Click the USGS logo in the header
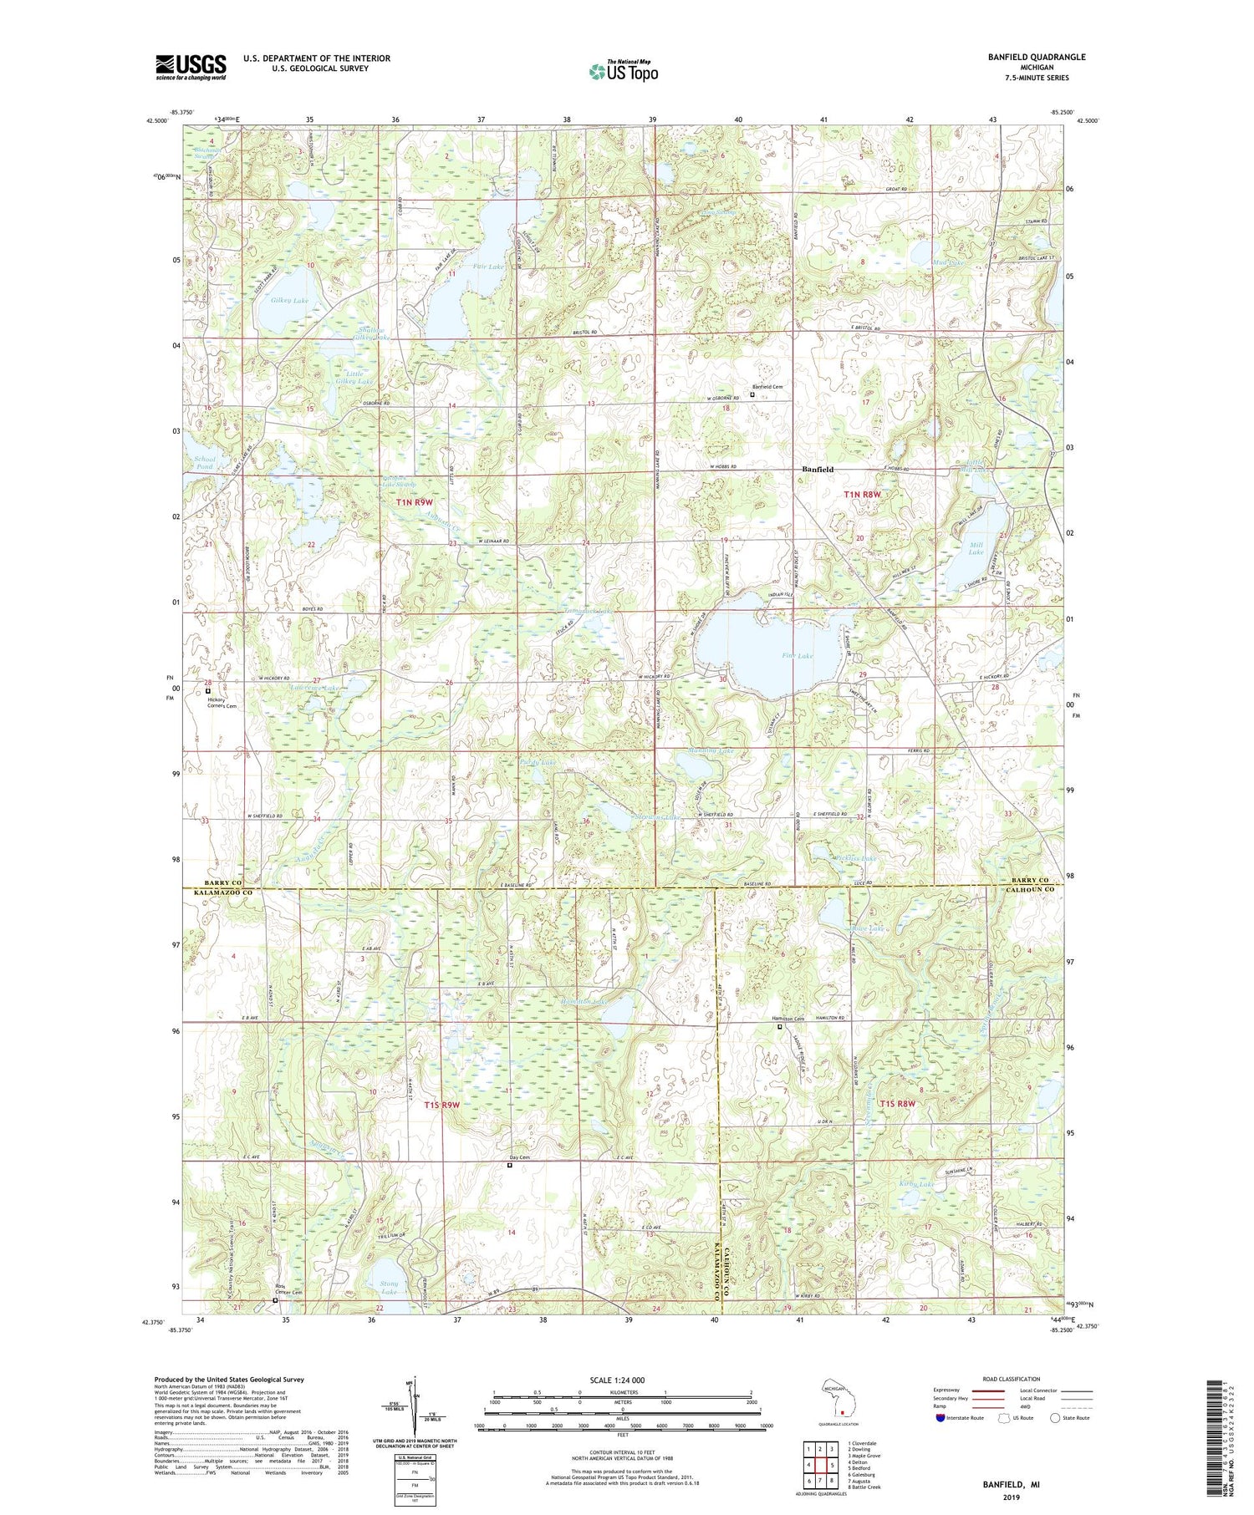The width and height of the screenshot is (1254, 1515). tap(191, 67)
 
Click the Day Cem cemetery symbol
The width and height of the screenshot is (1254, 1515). tap(510, 1165)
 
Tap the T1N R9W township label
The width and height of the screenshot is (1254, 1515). tap(414, 502)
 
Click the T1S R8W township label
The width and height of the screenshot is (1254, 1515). tap(892, 1104)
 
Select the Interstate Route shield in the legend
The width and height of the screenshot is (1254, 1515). tap(940, 1418)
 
